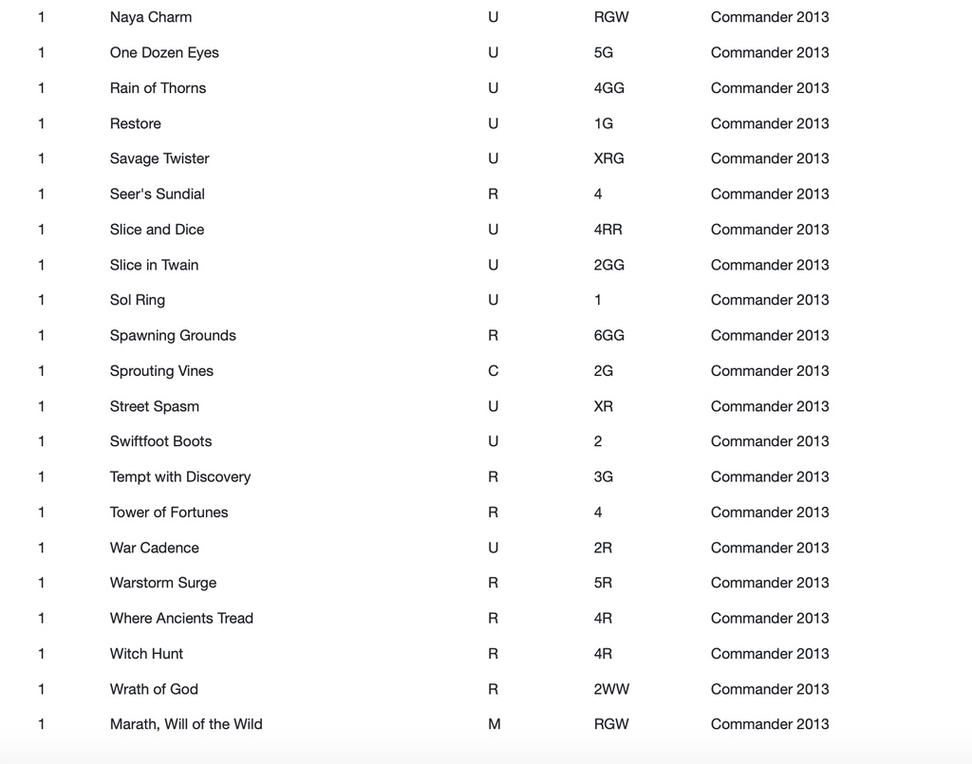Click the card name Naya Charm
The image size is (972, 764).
pos(150,17)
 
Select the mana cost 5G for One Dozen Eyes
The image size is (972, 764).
pos(603,53)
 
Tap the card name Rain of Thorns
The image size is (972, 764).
pos(158,88)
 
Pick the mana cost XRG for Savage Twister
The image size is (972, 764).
pos(608,158)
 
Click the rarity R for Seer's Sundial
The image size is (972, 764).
pos(493,194)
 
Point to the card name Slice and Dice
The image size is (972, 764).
pos(157,230)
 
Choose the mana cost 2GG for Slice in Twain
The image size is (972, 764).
pos(608,265)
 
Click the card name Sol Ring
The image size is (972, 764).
pos(138,300)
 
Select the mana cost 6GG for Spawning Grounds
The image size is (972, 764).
pos(608,335)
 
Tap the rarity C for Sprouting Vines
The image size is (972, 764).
pos(493,371)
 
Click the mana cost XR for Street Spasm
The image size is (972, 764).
pos(603,406)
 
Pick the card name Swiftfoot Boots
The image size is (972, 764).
pos(160,441)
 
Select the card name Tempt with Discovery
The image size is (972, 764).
pos(180,476)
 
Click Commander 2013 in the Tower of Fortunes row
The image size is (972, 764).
pos(769,512)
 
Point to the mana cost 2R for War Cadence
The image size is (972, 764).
pos(603,548)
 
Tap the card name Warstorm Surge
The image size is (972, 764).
pos(163,583)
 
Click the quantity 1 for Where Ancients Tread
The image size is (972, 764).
pos(41,618)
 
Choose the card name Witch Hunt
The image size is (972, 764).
pos(146,654)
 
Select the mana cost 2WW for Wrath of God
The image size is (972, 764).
pos(610,689)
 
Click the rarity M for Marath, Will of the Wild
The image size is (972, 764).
pos(494,724)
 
